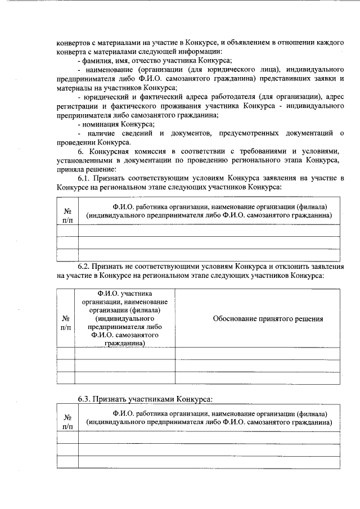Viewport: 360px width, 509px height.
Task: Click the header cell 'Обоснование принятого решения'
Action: [x=268, y=319]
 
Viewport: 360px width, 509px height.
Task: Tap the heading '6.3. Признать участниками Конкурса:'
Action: [x=145, y=399]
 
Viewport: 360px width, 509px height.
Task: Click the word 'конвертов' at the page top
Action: [x=73, y=42]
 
